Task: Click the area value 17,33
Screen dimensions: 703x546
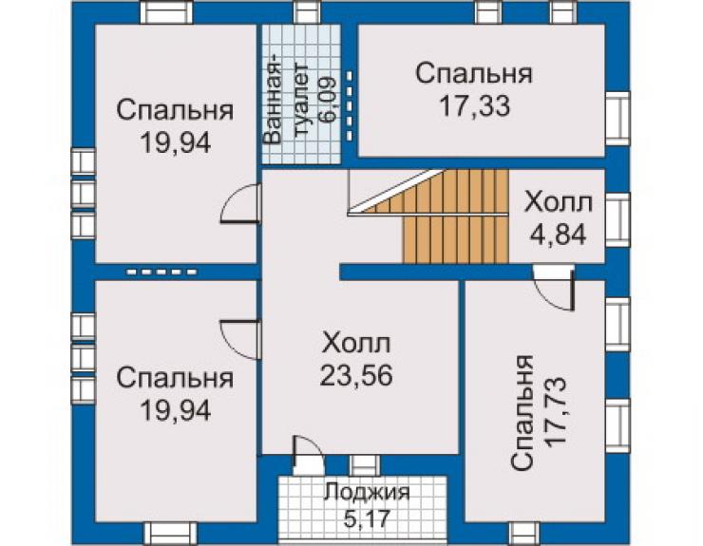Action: [x=474, y=106]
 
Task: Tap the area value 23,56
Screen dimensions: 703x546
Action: [x=356, y=375]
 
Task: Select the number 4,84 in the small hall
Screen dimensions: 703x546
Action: [x=558, y=235]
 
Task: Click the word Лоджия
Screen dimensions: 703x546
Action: [x=368, y=492]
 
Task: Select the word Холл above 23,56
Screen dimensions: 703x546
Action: [x=356, y=344]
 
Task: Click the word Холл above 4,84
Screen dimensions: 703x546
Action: [x=559, y=203]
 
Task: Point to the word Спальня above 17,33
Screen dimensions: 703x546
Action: [x=474, y=74]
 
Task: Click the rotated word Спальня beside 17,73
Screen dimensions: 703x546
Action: [x=522, y=413]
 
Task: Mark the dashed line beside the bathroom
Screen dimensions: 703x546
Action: [x=349, y=106]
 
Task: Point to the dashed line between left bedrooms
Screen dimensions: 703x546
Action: [x=161, y=272]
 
